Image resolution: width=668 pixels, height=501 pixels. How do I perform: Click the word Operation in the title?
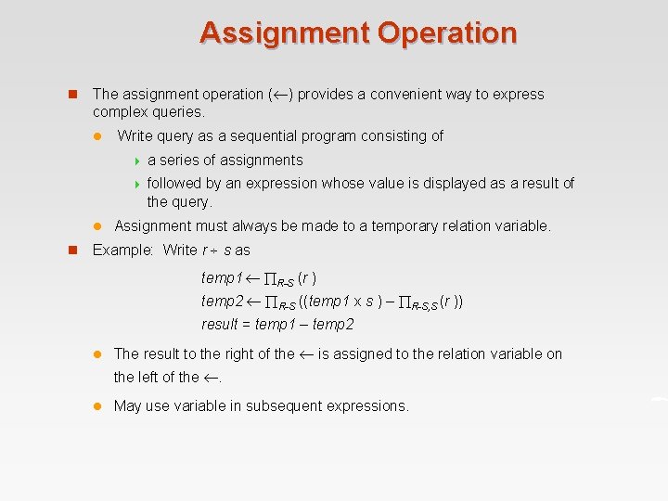pos(447,32)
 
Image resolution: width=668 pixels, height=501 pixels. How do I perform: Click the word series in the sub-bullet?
pos(183,161)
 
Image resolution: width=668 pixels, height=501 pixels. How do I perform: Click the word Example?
pos(123,250)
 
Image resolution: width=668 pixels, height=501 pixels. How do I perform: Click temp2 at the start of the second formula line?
pos(222,302)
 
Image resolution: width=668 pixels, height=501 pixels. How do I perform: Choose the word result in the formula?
pos(221,325)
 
